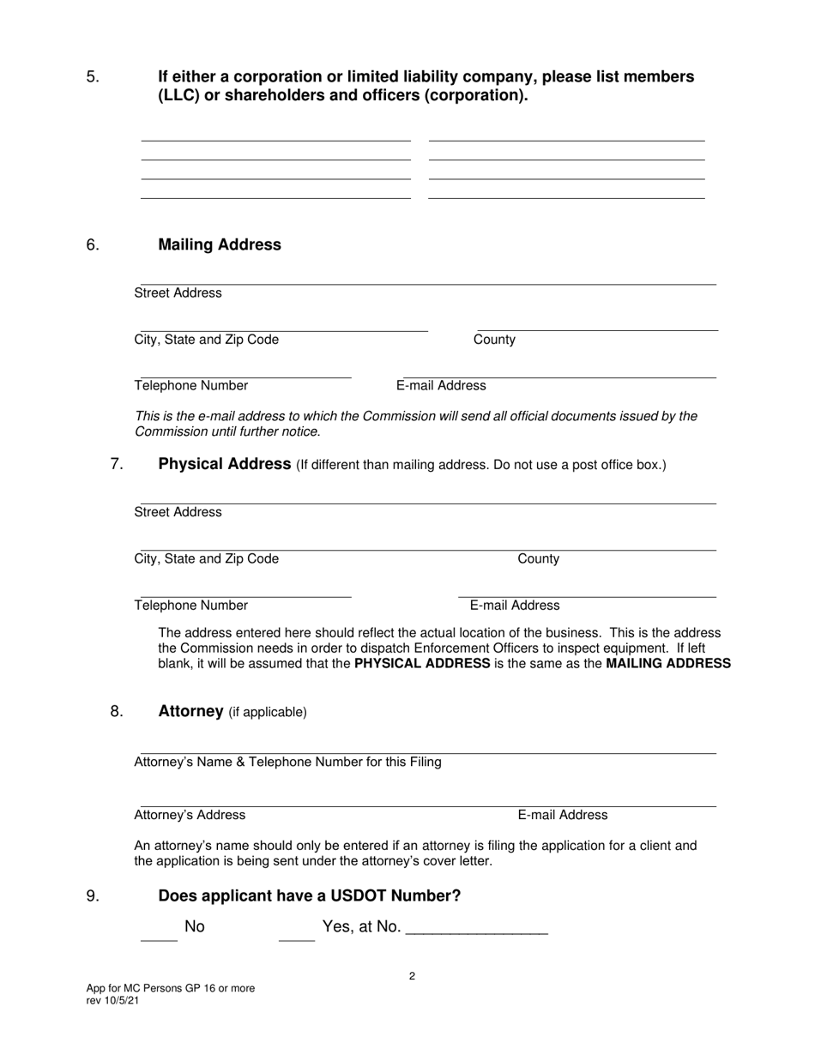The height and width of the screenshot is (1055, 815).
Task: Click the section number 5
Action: (93, 77)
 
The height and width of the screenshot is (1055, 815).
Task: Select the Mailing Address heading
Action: (220, 245)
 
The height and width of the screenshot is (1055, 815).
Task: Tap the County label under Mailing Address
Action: (494, 340)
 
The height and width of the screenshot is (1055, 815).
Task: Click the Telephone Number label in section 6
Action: (191, 386)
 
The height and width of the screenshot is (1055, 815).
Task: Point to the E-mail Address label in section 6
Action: (441, 386)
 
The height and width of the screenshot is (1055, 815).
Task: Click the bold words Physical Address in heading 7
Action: (225, 465)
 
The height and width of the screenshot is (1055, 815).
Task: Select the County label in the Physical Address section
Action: (538, 559)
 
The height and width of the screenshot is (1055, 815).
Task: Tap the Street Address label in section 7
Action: (178, 512)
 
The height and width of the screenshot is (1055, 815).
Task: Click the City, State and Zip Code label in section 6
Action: (207, 340)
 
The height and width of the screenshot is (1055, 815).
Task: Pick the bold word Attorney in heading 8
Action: (190, 712)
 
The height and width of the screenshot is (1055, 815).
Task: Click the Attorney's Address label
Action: (190, 815)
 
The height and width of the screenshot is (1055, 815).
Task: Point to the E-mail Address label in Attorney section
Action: (562, 815)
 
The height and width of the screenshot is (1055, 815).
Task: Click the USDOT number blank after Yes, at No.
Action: (475, 931)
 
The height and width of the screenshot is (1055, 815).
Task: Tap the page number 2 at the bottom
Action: (413, 976)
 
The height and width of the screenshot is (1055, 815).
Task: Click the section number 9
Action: (93, 896)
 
